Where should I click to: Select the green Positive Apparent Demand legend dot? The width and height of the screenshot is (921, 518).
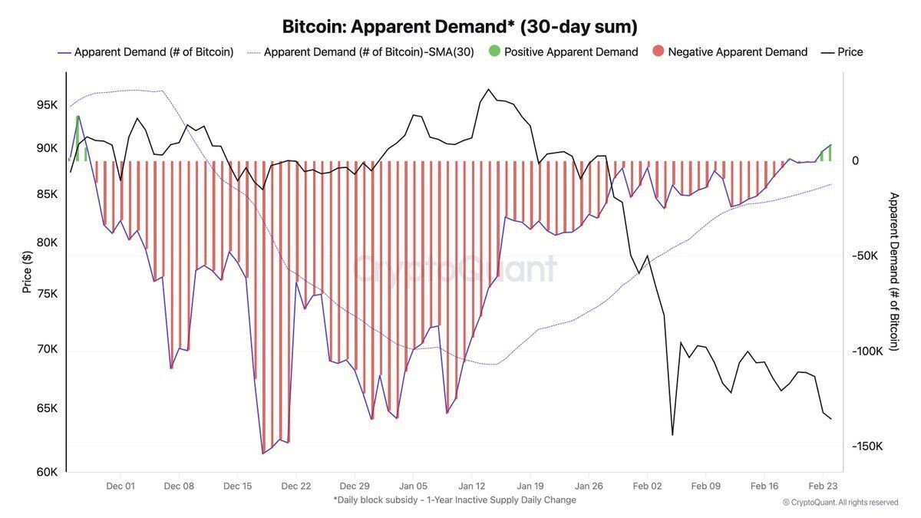tap(494, 52)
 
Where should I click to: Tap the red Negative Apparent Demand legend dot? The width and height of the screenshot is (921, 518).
tap(658, 52)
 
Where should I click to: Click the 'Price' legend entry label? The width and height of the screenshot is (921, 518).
tap(850, 52)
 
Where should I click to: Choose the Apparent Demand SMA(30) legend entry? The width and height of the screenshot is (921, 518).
tap(368, 52)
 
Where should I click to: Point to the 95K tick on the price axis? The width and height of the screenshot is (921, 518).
tap(47, 104)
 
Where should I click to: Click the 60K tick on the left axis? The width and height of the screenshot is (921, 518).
tap(47, 472)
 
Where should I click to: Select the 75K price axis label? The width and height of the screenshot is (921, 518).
tap(47, 294)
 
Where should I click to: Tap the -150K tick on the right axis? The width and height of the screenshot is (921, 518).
tap(867, 447)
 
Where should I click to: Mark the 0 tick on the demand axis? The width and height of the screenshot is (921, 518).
tap(855, 161)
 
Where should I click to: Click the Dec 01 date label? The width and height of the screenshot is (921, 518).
tap(120, 486)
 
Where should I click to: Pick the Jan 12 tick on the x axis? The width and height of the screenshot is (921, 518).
tap(472, 486)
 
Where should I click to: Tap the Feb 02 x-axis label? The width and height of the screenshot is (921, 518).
tap(647, 486)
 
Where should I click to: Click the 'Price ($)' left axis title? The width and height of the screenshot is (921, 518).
tap(28, 272)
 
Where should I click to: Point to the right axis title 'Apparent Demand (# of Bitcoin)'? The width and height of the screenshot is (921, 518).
tap(893, 272)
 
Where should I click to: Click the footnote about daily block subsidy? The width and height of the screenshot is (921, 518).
tap(454, 500)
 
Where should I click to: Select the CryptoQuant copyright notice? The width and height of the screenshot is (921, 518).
tap(840, 503)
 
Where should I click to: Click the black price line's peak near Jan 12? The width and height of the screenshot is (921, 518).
tap(488, 90)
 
